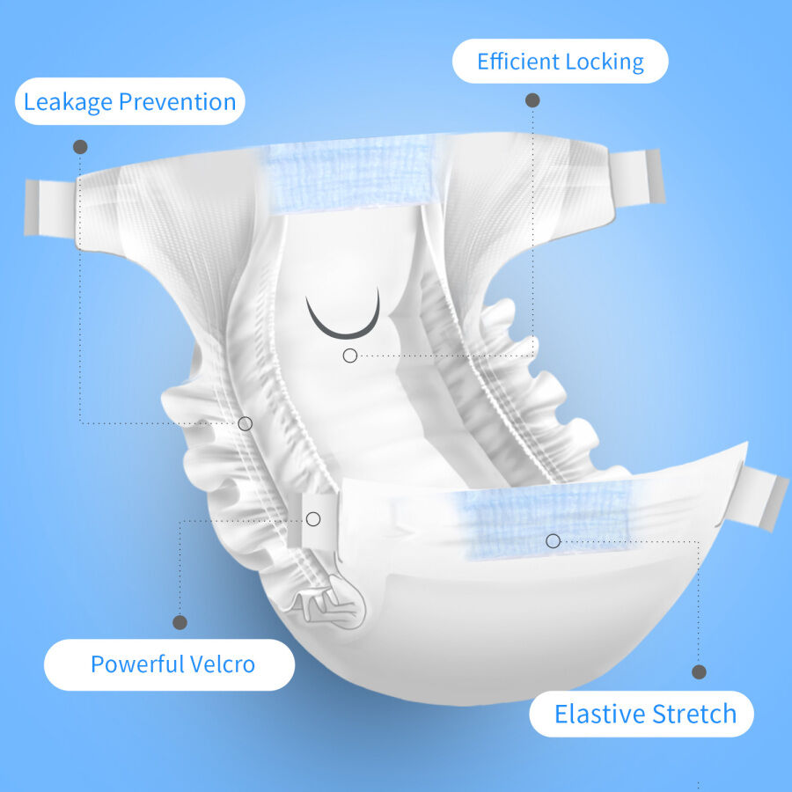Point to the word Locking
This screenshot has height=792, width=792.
click(x=605, y=62)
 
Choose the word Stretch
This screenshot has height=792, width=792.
click(x=694, y=714)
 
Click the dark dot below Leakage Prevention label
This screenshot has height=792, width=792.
click(x=80, y=147)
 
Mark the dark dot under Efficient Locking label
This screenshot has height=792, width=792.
click(x=532, y=100)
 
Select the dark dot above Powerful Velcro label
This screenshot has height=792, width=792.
click(x=180, y=622)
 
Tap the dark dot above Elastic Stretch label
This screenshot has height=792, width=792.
click(x=699, y=671)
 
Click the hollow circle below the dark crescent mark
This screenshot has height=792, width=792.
click(x=350, y=356)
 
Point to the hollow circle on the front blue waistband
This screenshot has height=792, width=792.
click(x=553, y=540)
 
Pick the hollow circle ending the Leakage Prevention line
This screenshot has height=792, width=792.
click(x=246, y=423)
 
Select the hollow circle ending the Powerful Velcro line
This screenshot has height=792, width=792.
click(x=313, y=519)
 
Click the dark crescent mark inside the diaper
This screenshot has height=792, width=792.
click(x=343, y=321)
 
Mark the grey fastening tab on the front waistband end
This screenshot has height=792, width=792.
click(x=763, y=499)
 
